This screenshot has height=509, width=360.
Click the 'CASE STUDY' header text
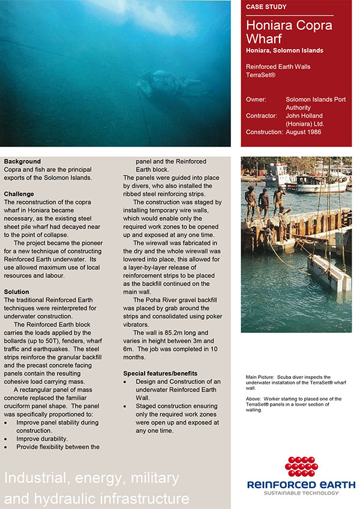point(266,7)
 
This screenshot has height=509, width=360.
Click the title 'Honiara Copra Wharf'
point(289,32)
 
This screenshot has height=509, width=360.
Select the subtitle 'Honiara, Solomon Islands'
point(284,51)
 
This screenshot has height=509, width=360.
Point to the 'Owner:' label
point(257,99)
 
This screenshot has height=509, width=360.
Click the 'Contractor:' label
point(263,116)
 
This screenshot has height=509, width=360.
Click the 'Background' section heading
point(22,162)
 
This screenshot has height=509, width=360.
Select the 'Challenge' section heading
point(19,194)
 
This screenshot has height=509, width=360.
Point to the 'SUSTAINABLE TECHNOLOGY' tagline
point(301,493)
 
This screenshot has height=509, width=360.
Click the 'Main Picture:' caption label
point(260,377)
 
